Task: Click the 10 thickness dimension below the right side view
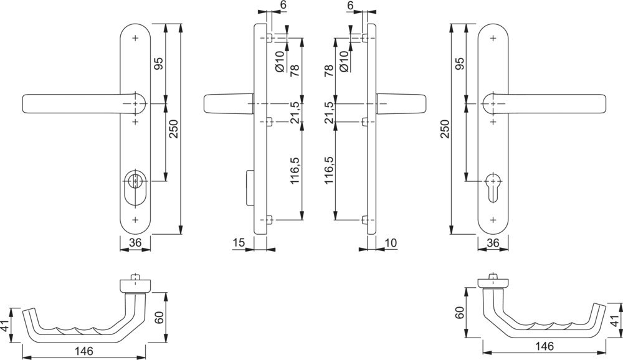coord(391,243)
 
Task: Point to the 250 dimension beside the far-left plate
coord(175,130)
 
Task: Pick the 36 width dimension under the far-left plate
coord(136,243)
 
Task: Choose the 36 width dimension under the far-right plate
coord(493,243)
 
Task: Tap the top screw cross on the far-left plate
coord(136,38)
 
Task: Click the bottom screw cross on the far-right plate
coord(493,219)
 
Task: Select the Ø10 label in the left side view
coord(280,60)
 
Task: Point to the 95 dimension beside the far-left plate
coord(159,64)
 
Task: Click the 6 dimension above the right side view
coord(350,5)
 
